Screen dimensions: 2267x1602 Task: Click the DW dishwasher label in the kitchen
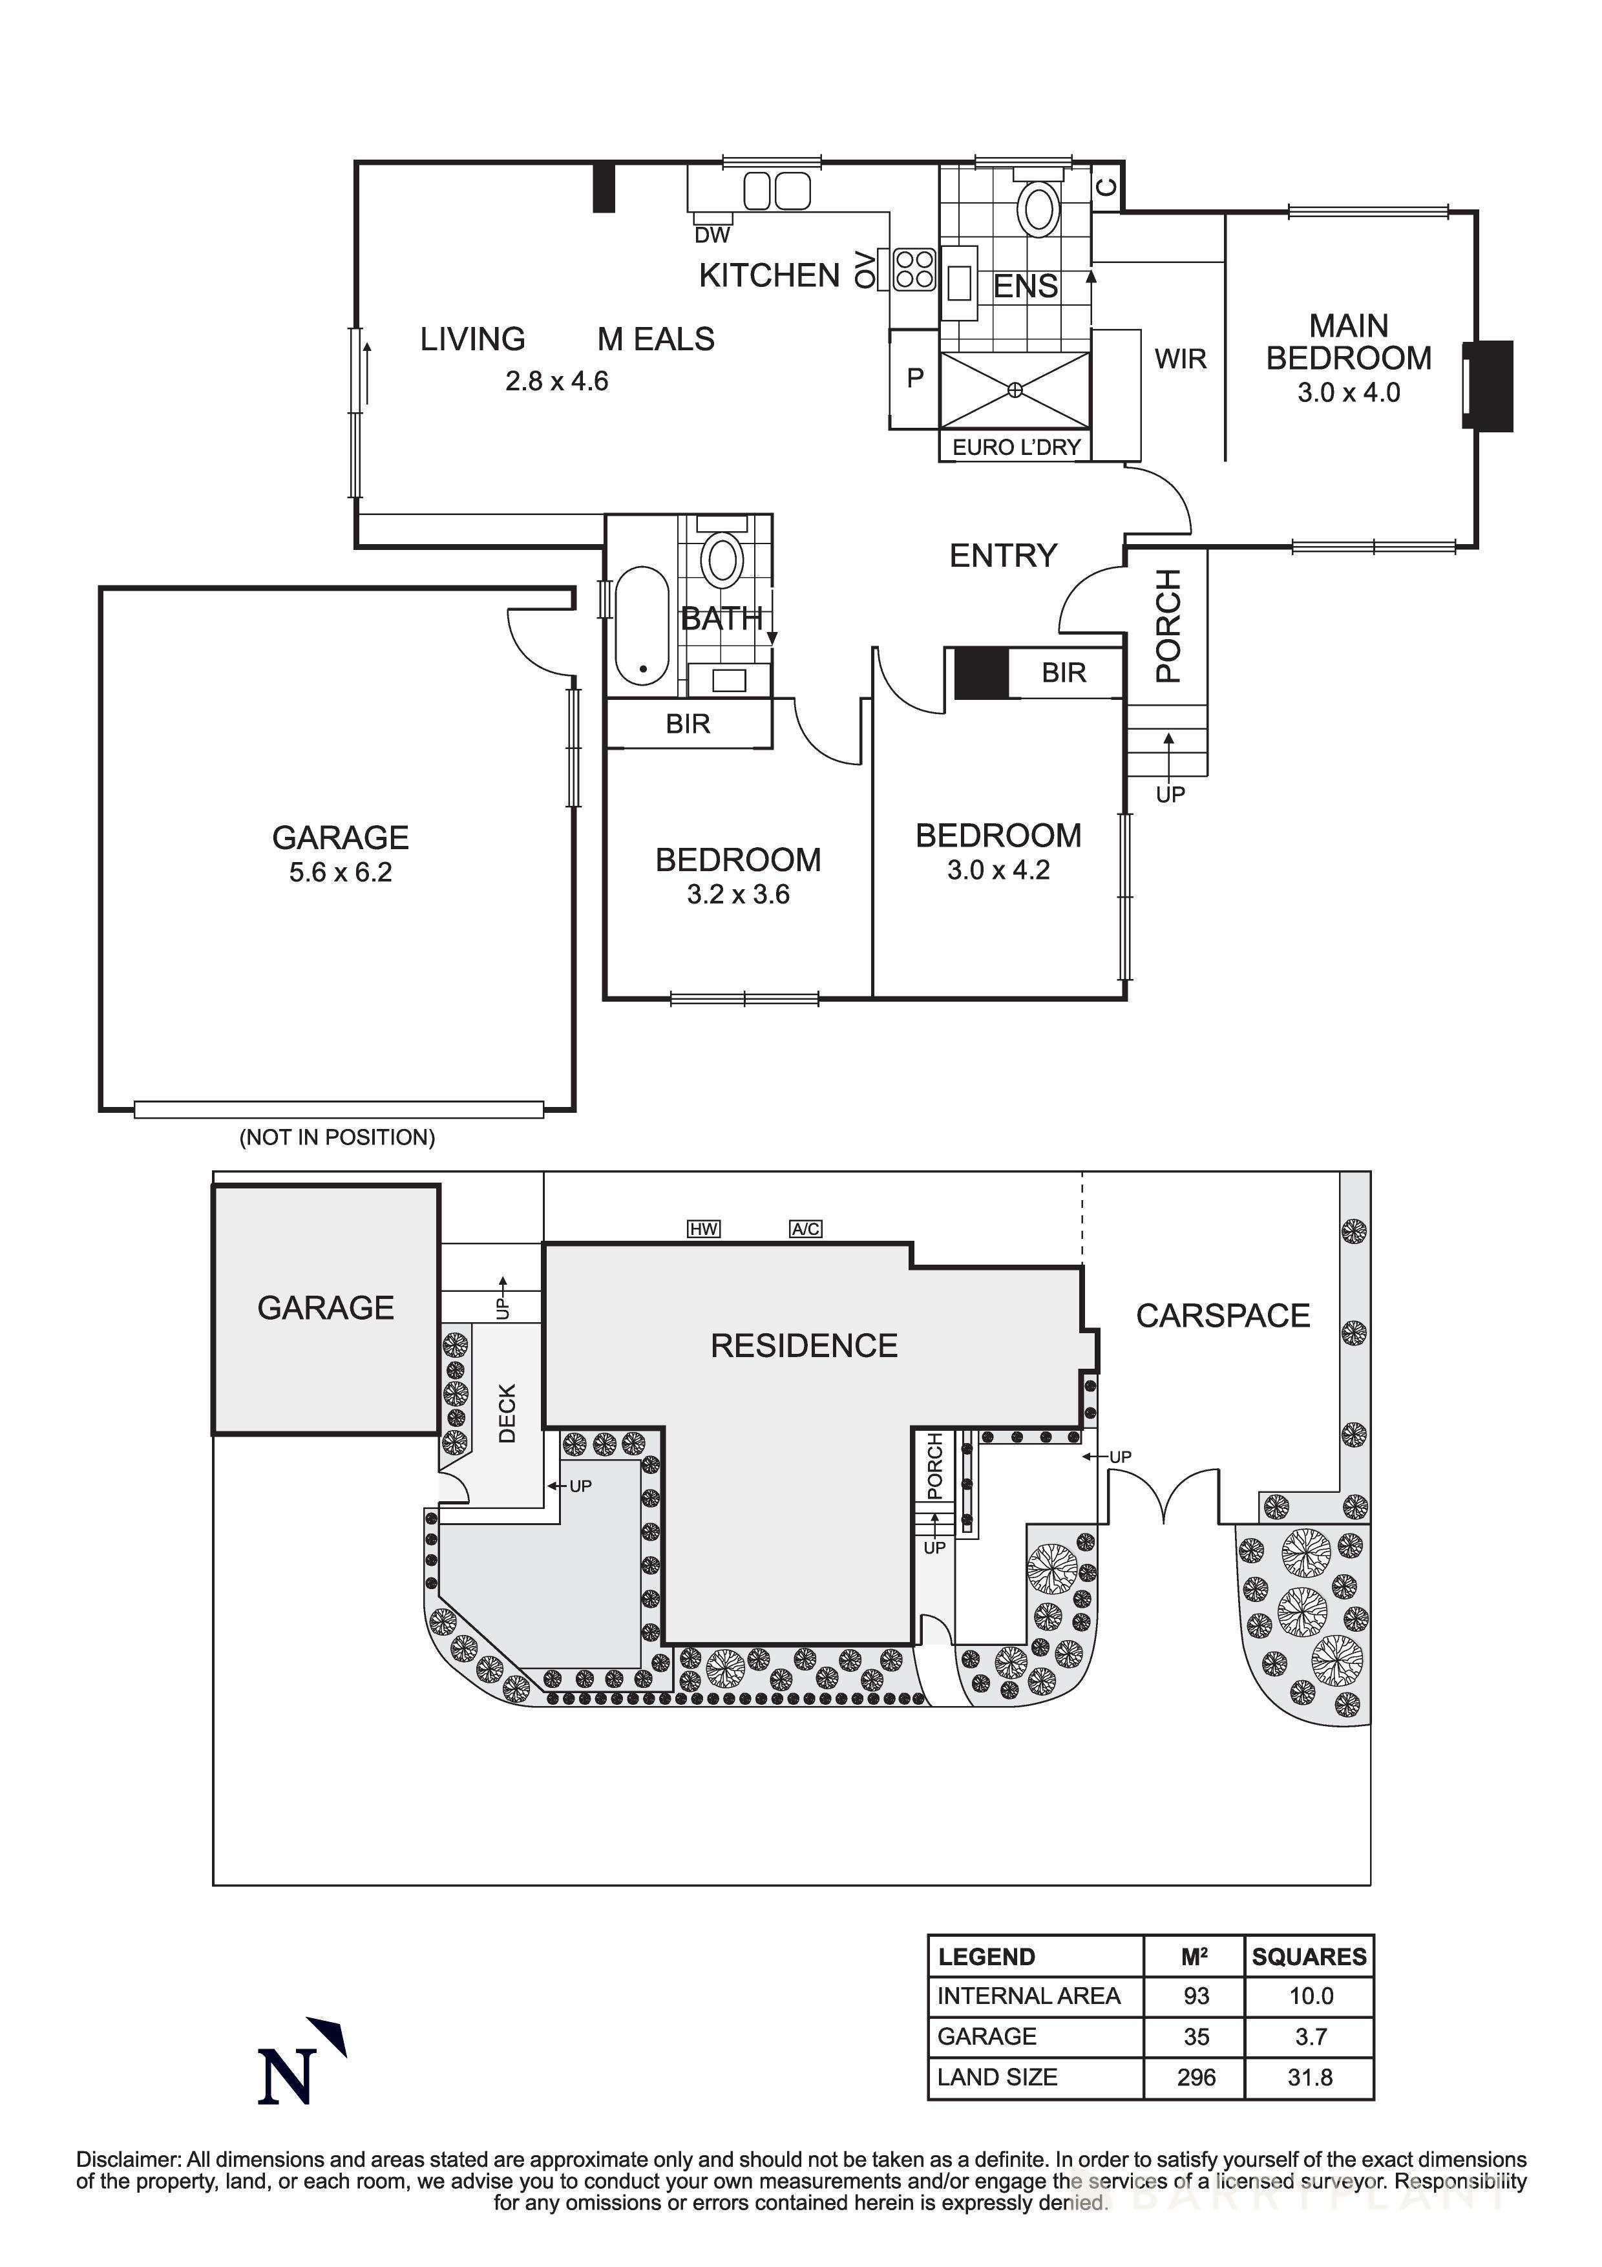711,235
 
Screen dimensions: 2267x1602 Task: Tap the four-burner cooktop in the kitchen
914,269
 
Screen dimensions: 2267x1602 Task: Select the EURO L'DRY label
1016,447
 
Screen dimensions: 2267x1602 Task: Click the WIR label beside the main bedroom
1181,359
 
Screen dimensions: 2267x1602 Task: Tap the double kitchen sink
776,191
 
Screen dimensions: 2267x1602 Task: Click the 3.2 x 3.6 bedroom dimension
737,894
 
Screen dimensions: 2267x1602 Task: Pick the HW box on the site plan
703,1229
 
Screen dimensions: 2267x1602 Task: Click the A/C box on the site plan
805,1229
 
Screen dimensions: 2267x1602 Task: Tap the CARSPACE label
1222,1316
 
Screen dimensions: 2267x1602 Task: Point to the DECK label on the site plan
507,1413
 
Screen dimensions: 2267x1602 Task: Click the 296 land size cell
1196,2078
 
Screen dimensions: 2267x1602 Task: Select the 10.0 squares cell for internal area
1310,1996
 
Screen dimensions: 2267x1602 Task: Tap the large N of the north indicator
287,2078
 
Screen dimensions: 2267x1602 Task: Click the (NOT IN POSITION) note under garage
337,1137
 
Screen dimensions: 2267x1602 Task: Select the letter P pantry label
915,377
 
